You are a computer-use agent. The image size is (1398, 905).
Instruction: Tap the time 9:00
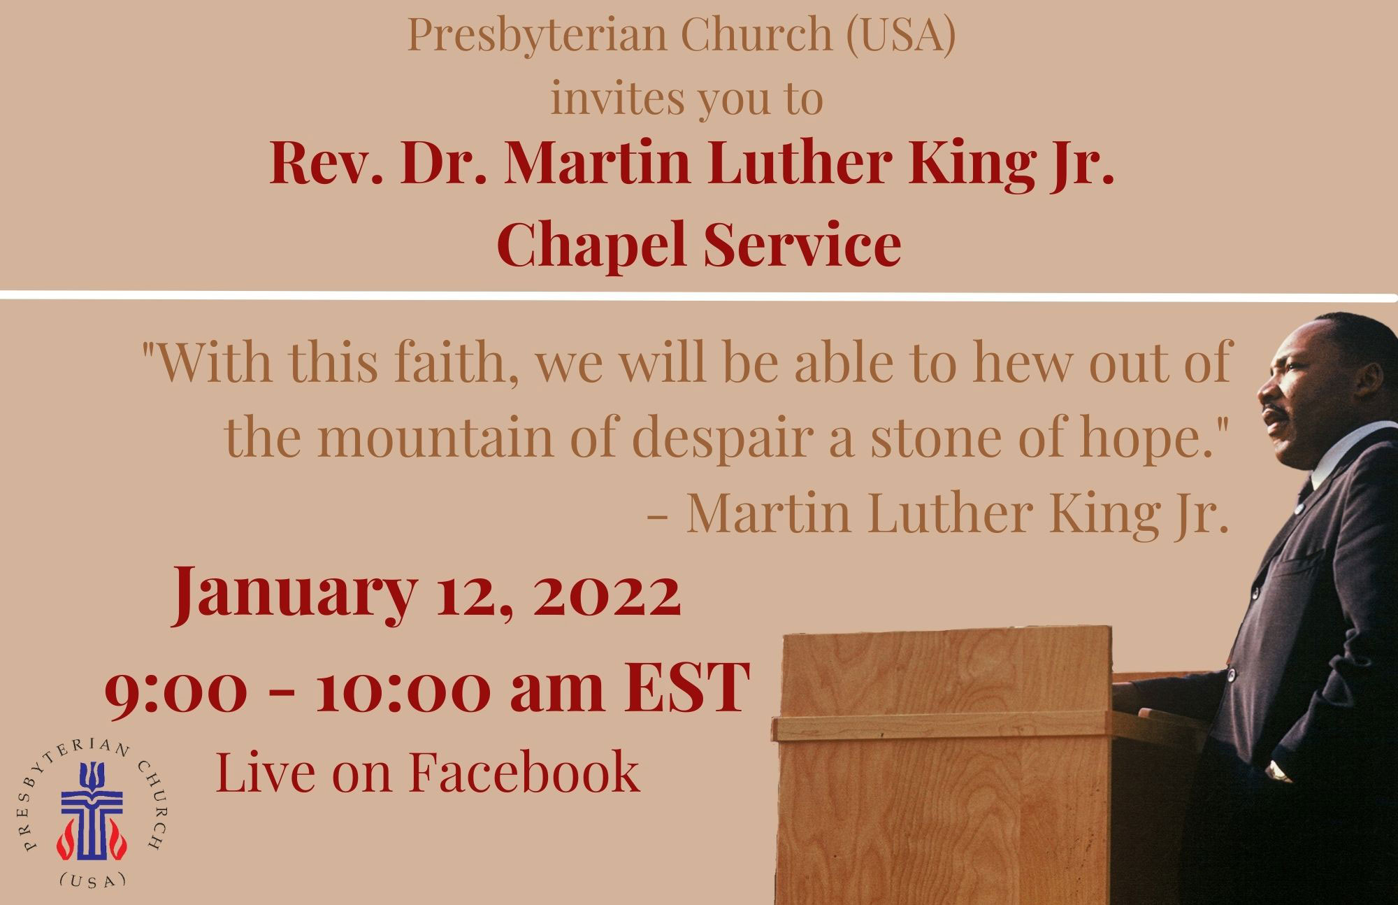tap(176, 688)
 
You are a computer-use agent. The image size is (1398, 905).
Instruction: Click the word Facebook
tap(524, 771)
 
